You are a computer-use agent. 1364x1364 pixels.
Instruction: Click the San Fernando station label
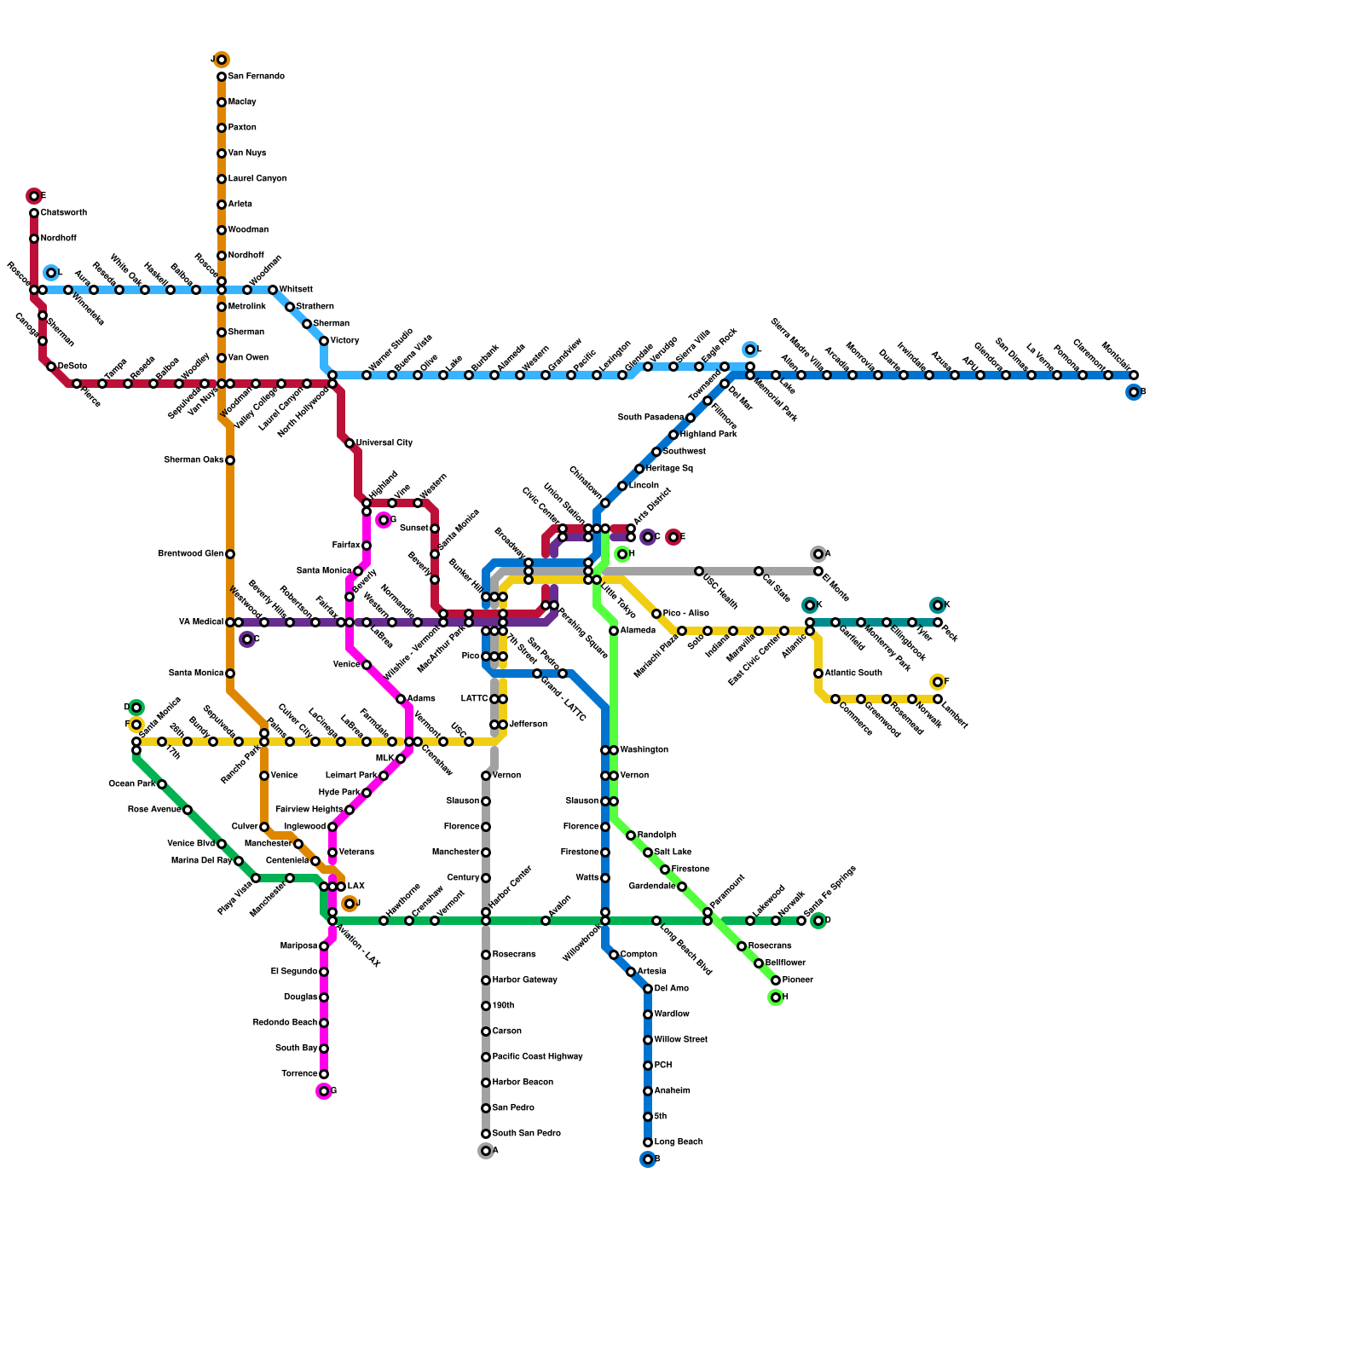tap(256, 77)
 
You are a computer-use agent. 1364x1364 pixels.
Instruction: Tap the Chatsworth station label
tap(64, 213)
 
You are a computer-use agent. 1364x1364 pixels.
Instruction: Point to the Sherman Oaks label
tap(194, 460)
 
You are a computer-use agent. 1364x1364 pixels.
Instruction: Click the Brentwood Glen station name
tap(191, 554)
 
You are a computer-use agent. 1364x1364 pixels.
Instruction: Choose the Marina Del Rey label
tap(201, 861)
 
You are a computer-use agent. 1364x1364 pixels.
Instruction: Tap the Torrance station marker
tap(324, 1074)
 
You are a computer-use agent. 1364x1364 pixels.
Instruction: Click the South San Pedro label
tap(526, 1134)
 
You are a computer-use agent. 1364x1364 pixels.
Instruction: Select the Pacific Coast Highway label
tap(537, 1057)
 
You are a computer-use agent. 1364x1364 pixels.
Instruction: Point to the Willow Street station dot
tap(648, 1040)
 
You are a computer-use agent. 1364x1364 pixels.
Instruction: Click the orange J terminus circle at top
tap(222, 60)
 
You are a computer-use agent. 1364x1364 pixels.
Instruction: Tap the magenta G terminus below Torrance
tap(324, 1091)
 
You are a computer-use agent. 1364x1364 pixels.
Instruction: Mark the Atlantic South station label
tap(853, 673)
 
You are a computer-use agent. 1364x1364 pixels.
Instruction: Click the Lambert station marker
tap(938, 699)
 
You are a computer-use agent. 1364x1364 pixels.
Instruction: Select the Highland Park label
tap(708, 435)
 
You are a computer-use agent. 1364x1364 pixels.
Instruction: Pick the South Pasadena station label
tap(650, 418)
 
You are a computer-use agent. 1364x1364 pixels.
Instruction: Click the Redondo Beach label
tap(285, 1023)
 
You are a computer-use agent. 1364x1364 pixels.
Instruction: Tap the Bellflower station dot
tap(759, 963)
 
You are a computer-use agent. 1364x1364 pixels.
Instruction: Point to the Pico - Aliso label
tap(685, 614)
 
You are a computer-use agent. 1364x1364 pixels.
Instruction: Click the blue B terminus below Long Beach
tap(648, 1159)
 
